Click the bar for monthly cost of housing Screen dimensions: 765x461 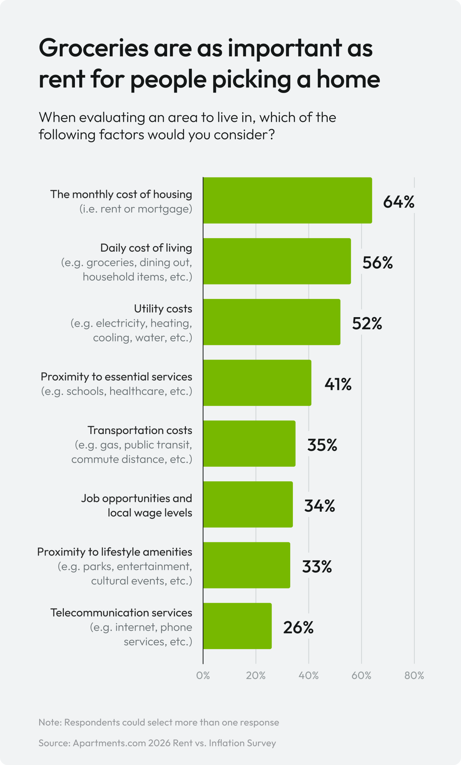pyautogui.click(x=287, y=200)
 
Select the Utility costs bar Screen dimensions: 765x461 pyautogui.click(x=271, y=322)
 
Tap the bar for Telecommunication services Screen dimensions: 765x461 pyautogui.click(x=237, y=626)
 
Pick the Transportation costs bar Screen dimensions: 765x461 pyautogui.click(x=249, y=443)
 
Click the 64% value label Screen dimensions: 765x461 pyautogui.click(x=399, y=202)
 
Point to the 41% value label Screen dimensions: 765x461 pyautogui.click(x=338, y=384)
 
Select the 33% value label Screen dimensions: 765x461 pyautogui.click(x=317, y=567)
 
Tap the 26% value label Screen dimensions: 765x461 pyautogui.click(x=298, y=628)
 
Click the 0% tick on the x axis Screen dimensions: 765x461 pyautogui.click(x=203, y=675)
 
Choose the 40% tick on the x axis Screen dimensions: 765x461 pyautogui.click(x=308, y=675)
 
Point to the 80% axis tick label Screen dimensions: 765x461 pyautogui.click(x=414, y=675)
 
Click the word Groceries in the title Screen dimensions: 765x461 pyautogui.click(x=93, y=48)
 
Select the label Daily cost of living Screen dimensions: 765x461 pyautogui.click(x=146, y=248)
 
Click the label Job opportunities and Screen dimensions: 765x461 pyautogui.click(x=136, y=498)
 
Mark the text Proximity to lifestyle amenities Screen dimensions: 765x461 pyautogui.click(x=114, y=552)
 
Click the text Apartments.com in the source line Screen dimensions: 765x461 pyautogui.click(x=109, y=743)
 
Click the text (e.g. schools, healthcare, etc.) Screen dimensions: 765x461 pyautogui.click(x=116, y=391)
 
